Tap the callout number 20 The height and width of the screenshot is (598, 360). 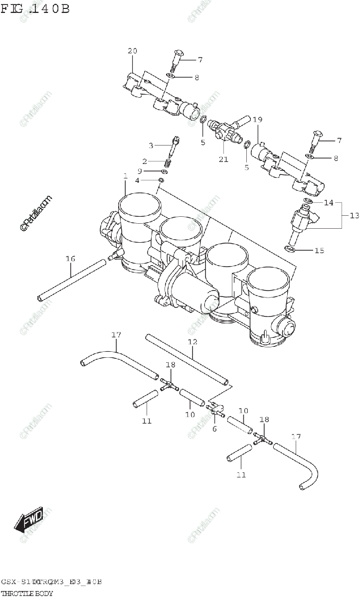coord(132,51)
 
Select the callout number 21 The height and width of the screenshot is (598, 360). coord(223,159)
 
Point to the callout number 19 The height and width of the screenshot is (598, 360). coord(257,120)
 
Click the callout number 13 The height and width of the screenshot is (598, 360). coord(354,215)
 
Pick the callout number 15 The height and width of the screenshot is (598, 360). coord(319,250)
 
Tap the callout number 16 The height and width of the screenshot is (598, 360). coord(70,259)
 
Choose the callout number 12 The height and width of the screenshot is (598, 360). coord(193,342)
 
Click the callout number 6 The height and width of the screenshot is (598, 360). coord(214,428)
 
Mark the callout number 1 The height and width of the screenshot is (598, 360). coord(125,176)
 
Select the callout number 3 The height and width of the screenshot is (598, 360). coord(151,146)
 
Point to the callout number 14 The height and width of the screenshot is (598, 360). coord(328,203)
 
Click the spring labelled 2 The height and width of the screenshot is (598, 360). coord(169,162)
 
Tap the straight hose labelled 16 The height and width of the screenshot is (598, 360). coord(72,279)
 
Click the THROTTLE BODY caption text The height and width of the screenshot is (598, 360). coord(27,593)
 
